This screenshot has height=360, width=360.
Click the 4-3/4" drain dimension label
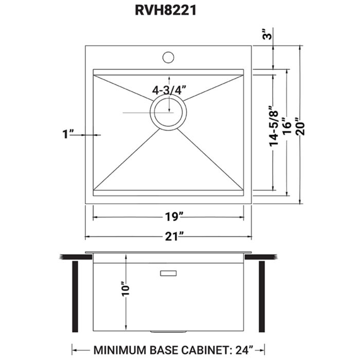coord(168,89)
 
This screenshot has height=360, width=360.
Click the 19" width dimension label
coord(168,217)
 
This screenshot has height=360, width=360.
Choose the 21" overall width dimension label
coord(168,237)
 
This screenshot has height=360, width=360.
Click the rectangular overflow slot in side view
coord(169,273)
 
